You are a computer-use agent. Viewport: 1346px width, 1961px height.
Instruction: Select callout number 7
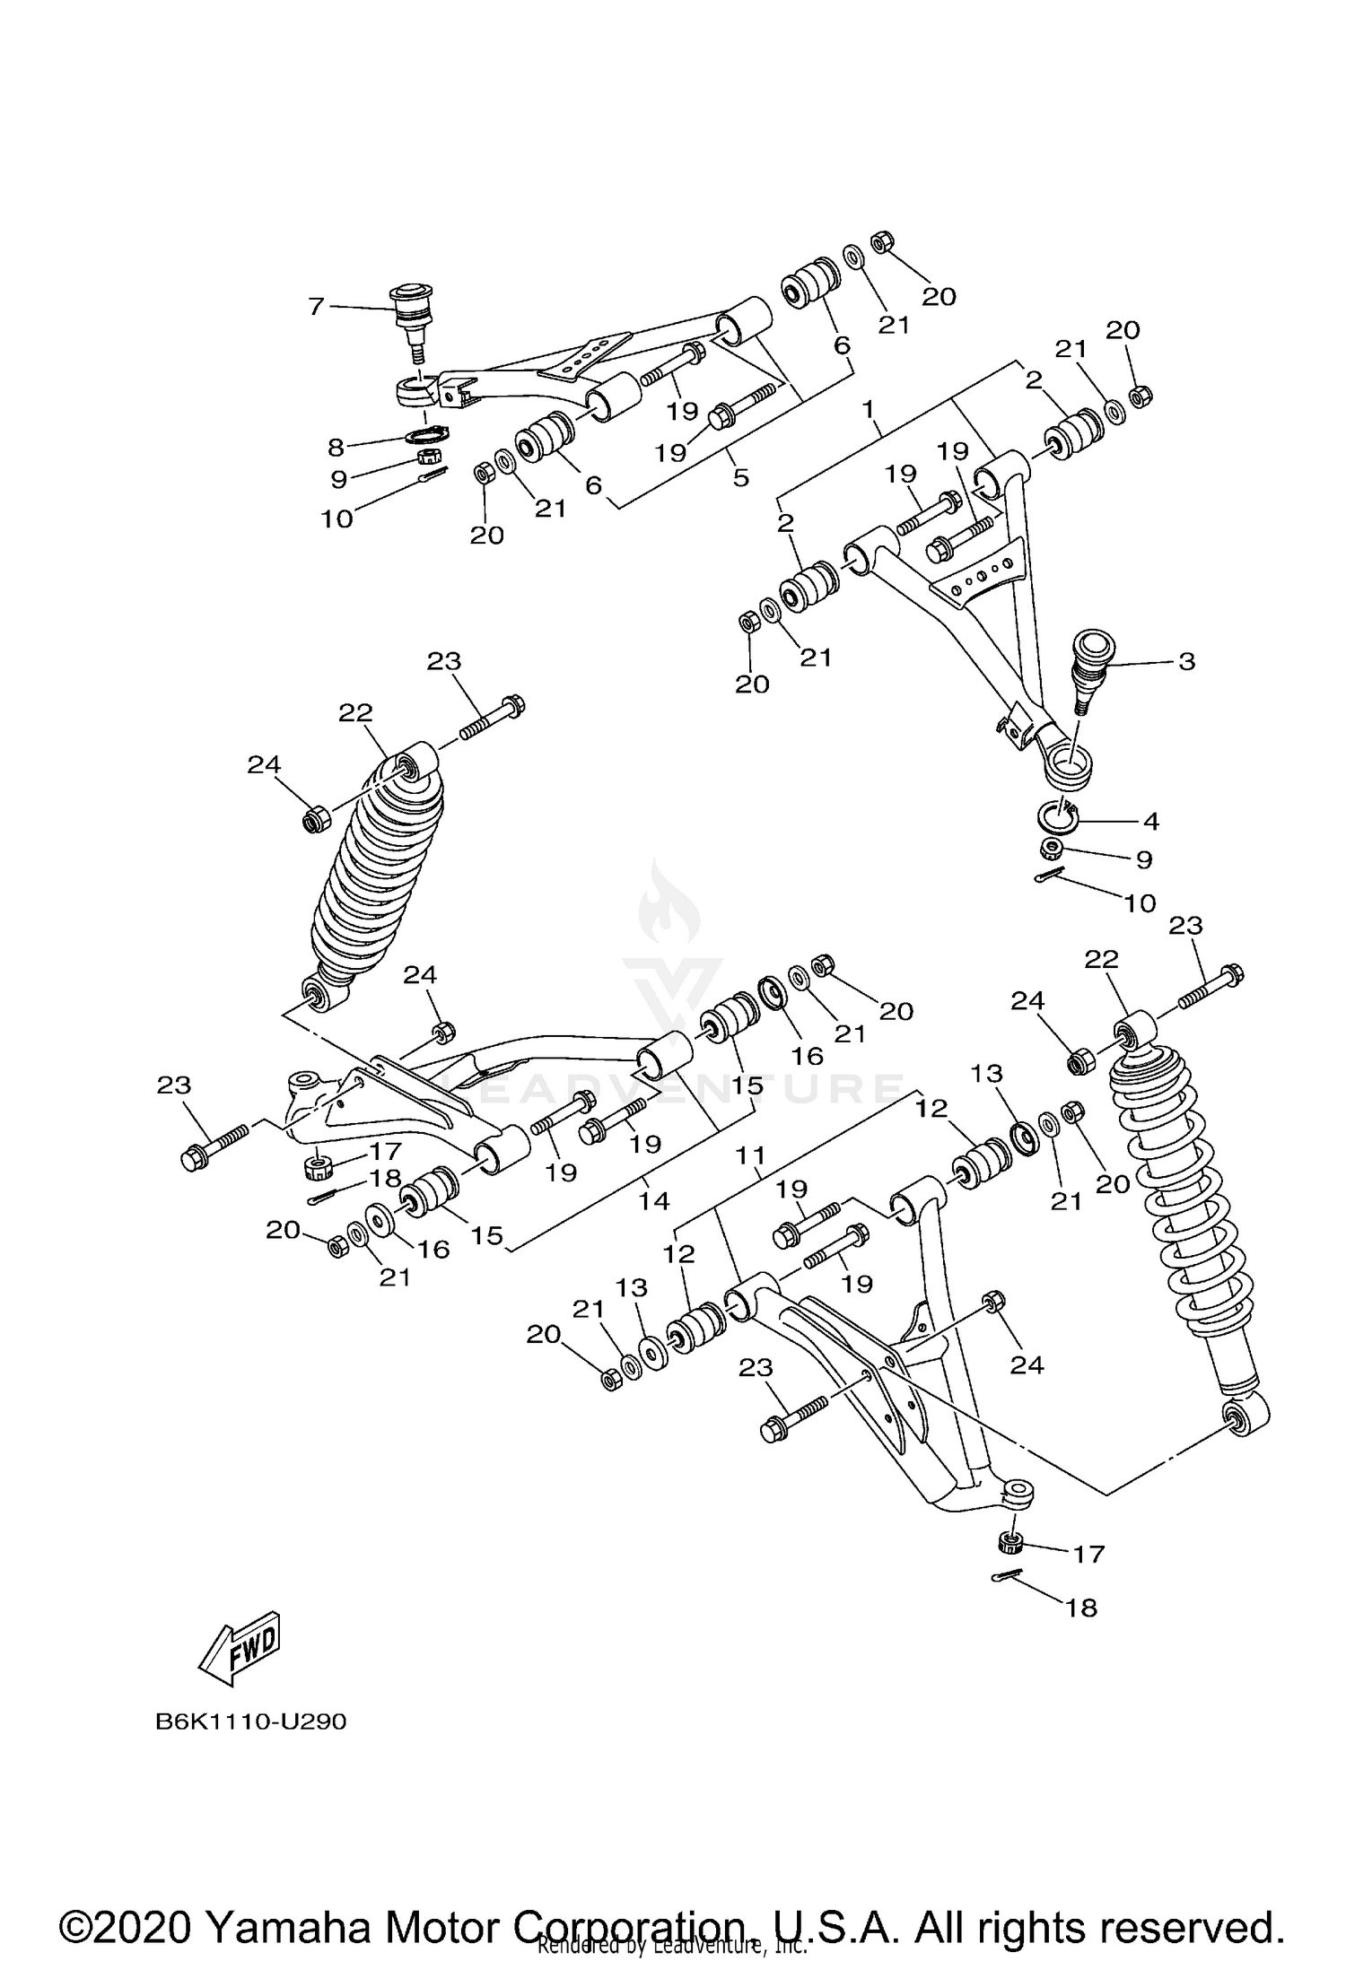click(316, 307)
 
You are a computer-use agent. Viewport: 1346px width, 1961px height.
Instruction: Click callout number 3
click(1186, 662)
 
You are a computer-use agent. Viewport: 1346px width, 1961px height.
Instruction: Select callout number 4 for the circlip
click(1150, 820)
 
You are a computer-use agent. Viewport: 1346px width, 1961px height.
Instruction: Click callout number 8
click(336, 447)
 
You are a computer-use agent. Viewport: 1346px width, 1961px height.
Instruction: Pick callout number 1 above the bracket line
click(868, 410)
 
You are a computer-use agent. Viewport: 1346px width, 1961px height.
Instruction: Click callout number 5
click(740, 477)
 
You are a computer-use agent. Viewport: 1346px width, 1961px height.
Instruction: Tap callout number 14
click(654, 1200)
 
